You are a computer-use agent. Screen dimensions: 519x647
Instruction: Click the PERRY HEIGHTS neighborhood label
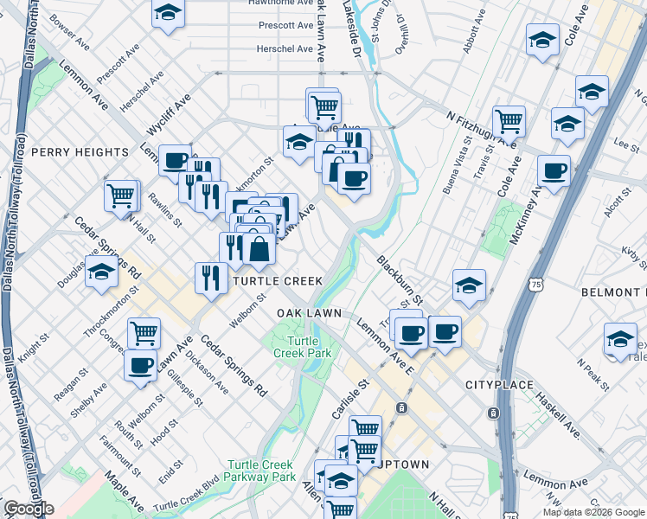(80, 152)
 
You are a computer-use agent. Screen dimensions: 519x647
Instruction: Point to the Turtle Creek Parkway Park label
(259, 470)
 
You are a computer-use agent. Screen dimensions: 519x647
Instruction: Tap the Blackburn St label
(399, 279)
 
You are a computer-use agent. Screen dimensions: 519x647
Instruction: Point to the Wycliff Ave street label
(169, 116)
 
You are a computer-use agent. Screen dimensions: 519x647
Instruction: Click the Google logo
(29, 509)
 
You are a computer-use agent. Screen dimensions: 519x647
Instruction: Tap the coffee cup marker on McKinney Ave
(553, 170)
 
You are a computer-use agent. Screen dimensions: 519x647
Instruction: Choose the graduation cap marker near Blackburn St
(468, 285)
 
